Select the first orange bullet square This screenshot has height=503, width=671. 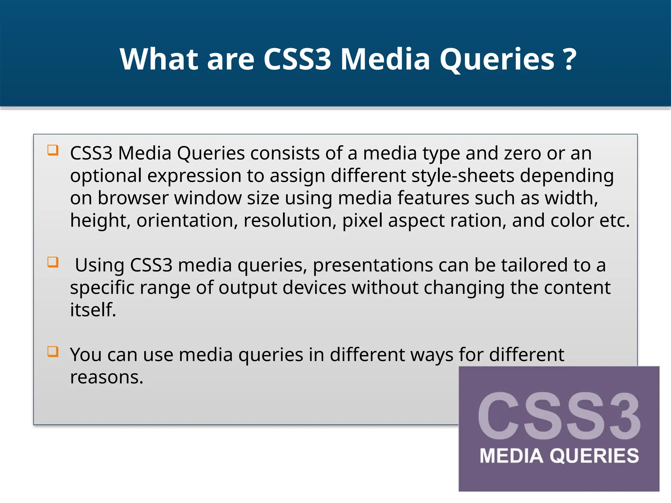[x=53, y=150]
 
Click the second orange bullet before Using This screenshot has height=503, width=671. [x=53, y=262]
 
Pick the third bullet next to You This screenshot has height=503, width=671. [x=53, y=352]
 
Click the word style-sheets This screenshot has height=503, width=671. [x=463, y=176]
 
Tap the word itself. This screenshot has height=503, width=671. [x=93, y=310]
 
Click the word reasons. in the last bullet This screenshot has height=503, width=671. [x=107, y=377]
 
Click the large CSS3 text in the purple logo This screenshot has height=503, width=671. [x=559, y=416]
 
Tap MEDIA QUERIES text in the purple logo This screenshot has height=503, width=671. [x=559, y=456]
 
